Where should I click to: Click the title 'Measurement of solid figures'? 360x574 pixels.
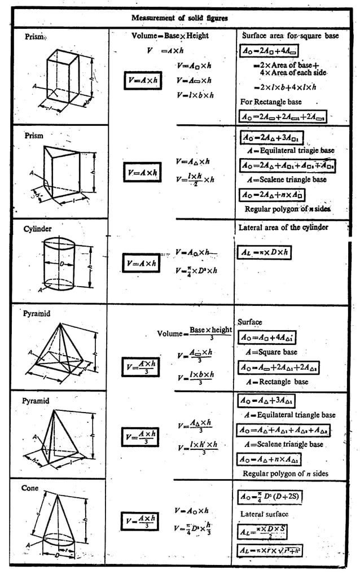click(179, 18)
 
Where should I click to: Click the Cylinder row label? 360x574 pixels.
click(38, 229)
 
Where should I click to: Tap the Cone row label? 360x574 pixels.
click(30, 488)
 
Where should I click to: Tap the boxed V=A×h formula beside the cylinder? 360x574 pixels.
click(142, 263)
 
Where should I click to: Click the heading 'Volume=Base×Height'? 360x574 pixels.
click(169, 36)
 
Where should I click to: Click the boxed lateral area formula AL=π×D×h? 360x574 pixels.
click(264, 252)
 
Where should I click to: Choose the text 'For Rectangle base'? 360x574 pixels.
click(271, 102)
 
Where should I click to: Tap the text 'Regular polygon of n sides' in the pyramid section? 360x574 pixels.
click(285, 473)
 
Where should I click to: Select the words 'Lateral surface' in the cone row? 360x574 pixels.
click(264, 514)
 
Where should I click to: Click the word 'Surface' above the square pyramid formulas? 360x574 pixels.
click(249, 322)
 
